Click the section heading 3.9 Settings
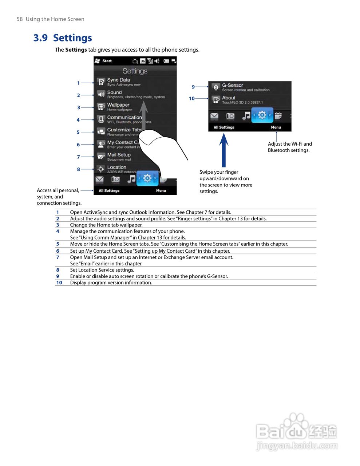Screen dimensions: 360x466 tap(63, 38)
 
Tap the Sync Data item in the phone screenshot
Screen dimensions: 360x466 tap(119, 82)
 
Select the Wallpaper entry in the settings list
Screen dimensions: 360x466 tap(118, 106)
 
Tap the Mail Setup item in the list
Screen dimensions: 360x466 tap(119, 156)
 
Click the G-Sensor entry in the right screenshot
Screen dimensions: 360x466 tap(233, 87)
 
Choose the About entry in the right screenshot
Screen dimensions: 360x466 tap(229, 99)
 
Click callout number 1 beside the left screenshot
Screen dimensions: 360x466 tap(78, 83)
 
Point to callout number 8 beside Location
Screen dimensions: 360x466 tap(78, 169)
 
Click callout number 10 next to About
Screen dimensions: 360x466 tap(192, 98)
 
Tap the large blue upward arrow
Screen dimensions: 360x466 tap(224, 149)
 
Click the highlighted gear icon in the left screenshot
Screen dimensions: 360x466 tap(147, 178)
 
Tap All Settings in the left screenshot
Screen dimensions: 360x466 tap(109, 190)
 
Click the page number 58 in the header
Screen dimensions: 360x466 tap(20, 19)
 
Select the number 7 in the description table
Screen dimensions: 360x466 tap(58, 257)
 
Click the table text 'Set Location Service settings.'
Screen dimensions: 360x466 tap(102, 270)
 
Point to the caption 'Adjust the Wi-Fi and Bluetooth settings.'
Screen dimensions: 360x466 tap(289, 147)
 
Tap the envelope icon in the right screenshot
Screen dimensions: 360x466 tap(214, 116)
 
